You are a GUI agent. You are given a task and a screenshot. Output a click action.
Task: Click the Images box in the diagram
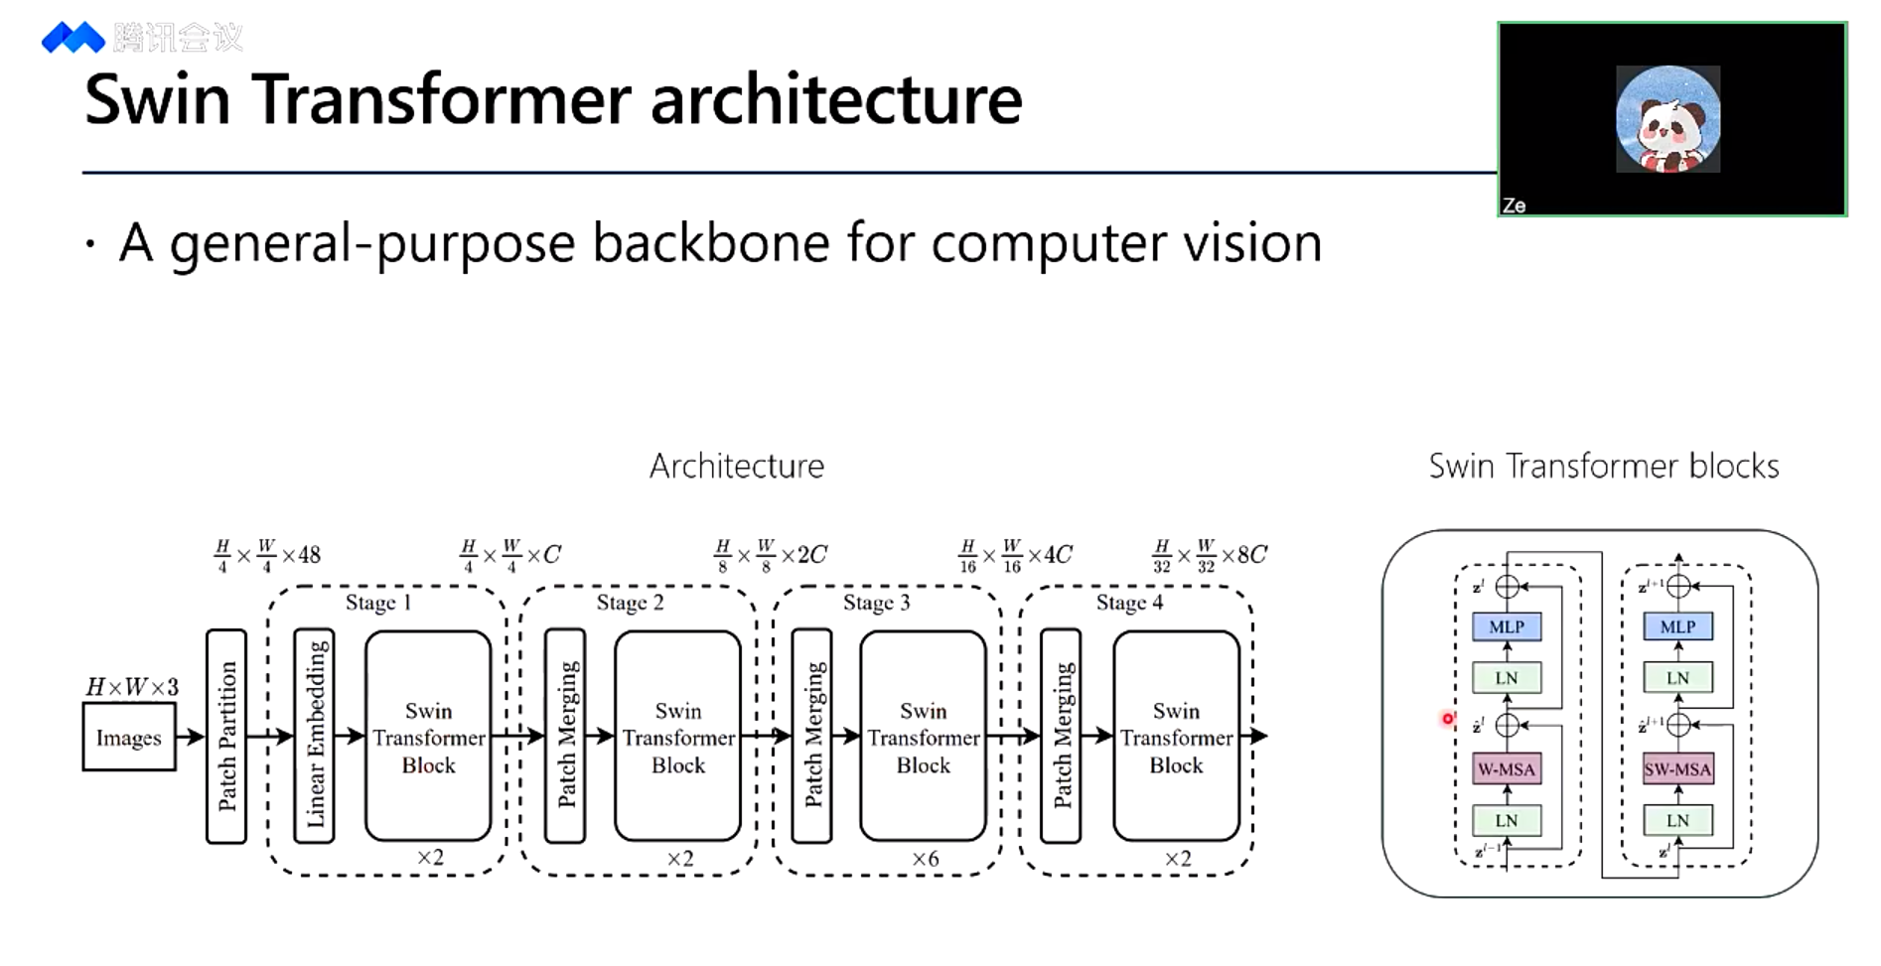coord(129,738)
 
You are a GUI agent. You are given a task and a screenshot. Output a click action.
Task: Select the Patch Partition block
coord(226,736)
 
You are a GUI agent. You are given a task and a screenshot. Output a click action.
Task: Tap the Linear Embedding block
coord(315,736)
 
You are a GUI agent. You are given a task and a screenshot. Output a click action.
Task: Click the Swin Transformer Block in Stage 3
coord(923,737)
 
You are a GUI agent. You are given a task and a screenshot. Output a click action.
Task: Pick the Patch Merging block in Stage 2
coord(565,736)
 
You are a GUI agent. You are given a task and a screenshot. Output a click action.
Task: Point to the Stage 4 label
coord(1129,603)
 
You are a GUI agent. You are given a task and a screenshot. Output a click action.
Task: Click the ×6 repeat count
coord(925,859)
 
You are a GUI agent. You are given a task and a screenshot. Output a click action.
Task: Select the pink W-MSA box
coord(1507,768)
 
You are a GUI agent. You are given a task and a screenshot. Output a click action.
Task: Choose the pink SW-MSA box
coord(1677,768)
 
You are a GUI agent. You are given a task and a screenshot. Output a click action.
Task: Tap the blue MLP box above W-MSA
coord(1507,626)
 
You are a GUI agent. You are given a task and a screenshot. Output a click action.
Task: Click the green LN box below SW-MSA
coord(1677,820)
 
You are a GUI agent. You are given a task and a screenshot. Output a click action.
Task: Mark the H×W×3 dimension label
coord(132,687)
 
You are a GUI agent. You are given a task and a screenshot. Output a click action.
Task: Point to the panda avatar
coord(1668,119)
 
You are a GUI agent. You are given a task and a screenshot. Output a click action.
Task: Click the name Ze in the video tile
coord(1515,206)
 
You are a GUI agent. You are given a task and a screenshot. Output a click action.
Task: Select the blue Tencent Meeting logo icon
coord(72,38)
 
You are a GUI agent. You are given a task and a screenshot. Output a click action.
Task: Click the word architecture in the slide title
coord(836,99)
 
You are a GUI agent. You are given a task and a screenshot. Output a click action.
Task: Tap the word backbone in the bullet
coord(710,243)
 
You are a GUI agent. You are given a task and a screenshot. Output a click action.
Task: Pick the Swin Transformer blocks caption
coord(1603,466)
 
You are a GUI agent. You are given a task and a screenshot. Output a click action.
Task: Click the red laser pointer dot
coord(1448,719)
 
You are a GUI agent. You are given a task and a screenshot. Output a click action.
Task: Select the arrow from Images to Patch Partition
coord(190,737)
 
